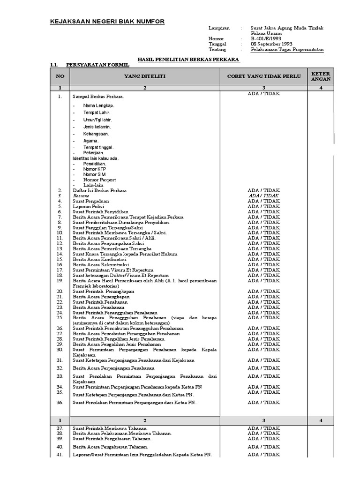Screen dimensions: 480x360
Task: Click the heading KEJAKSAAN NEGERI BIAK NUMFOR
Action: coord(107,22)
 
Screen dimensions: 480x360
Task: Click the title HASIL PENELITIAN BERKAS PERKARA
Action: coord(188,60)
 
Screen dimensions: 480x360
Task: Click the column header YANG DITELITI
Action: coord(144,75)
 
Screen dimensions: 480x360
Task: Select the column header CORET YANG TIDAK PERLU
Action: coord(263,75)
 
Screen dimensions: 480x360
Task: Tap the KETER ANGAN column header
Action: coord(321,76)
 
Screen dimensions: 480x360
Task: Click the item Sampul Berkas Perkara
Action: coord(98,97)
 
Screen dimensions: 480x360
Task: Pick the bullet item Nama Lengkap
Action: coord(98,105)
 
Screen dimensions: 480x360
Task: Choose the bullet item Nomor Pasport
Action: coord(99,180)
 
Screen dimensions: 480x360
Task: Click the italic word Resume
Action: coord(80,196)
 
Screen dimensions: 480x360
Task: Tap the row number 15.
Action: coord(60,259)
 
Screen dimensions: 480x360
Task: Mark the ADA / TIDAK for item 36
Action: coord(263,402)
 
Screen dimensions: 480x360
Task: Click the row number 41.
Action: coord(60,455)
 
